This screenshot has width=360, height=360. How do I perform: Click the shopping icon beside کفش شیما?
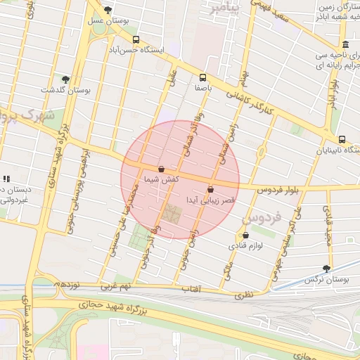[162, 169]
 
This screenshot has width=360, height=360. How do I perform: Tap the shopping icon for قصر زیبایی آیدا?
[211, 189]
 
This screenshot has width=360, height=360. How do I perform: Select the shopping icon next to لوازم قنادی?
[245, 236]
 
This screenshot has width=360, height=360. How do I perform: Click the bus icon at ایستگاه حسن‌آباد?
[136, 39]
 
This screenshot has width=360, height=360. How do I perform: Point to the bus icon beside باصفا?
[202, 77]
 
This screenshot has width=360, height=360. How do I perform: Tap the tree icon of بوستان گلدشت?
[65, 79]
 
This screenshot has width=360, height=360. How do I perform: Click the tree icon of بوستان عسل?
[107, 10]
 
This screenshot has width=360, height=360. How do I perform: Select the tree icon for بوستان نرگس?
[326, 268]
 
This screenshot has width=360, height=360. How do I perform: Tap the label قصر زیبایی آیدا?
[210, 200]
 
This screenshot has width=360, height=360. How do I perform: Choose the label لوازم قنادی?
[245, 247]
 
